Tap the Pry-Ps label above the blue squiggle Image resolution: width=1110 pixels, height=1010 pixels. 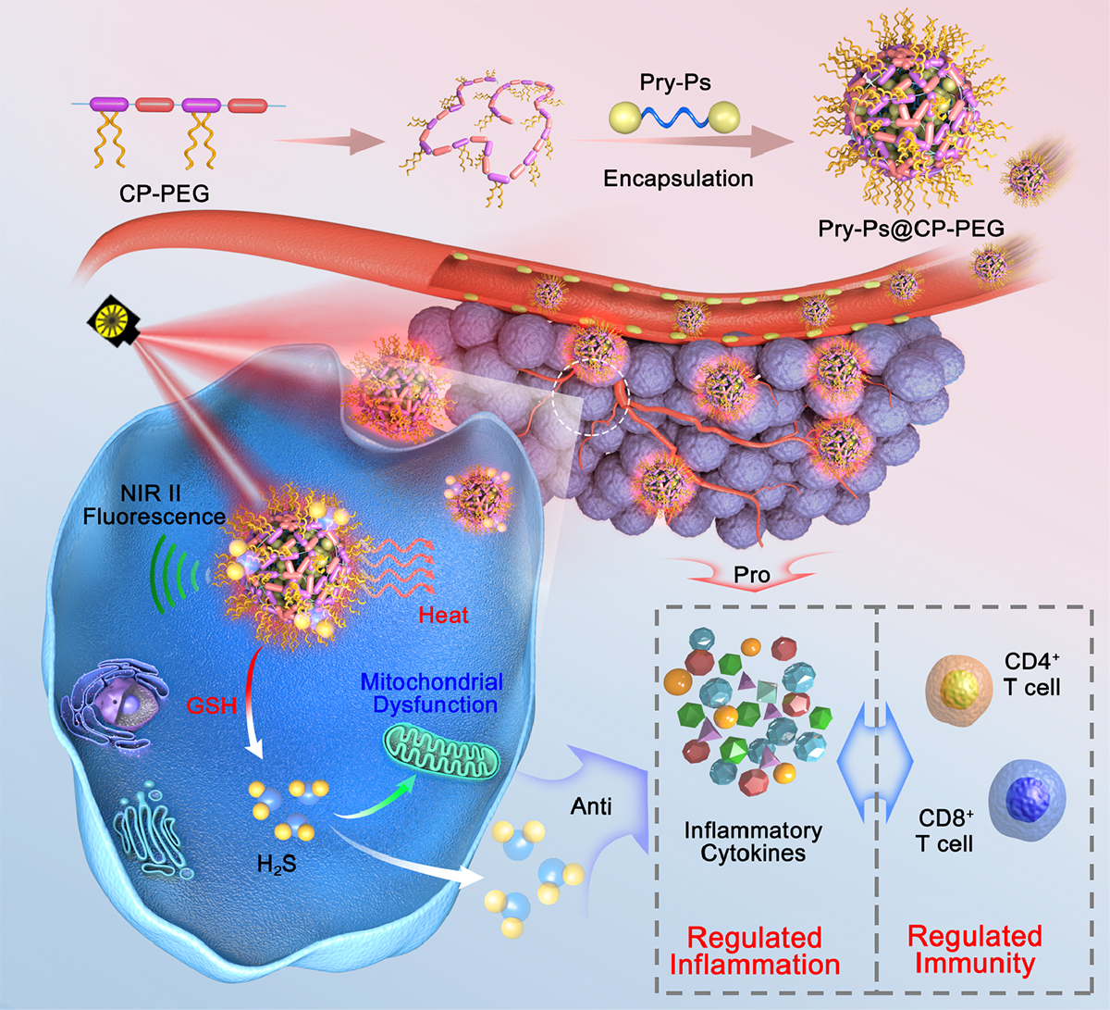point(675,82)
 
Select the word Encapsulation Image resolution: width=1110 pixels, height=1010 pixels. point(678,178)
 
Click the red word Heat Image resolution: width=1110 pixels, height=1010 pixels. point(443,615)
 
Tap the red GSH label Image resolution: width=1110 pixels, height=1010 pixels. point(212,705)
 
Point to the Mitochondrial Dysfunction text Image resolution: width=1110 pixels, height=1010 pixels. point(432,693)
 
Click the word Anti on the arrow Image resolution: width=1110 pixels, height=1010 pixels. point(591,806)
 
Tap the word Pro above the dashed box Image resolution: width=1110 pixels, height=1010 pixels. point(751,575)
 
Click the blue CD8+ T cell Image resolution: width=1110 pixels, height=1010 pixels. point(1026,796)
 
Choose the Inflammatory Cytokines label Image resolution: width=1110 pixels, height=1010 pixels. point(753,842)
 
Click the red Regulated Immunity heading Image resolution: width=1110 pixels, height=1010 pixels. point(974,949)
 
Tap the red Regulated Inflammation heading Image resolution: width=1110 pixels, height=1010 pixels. point(754,951)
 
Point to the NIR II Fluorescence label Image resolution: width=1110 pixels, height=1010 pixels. point(154,505)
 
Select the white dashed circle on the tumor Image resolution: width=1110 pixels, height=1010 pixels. point(590,399)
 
